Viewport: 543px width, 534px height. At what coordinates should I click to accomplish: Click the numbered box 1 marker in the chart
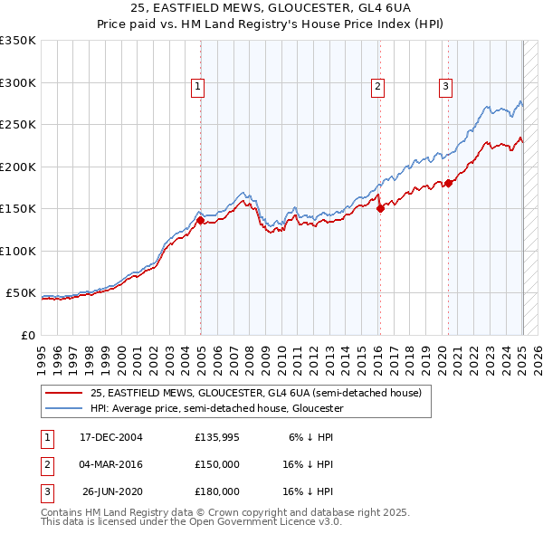197,87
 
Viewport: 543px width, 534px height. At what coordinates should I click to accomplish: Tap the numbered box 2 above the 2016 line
376,87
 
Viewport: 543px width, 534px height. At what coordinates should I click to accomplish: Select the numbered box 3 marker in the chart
446,87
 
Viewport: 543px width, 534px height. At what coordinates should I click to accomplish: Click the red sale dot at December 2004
200,220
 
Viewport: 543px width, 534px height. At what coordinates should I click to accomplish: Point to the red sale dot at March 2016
380,208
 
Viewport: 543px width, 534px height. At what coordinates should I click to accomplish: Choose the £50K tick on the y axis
21,293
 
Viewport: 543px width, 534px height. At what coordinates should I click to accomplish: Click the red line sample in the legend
63,393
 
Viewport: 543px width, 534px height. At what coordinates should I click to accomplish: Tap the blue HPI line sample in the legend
63,408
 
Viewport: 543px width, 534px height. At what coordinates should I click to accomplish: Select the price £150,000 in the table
217,464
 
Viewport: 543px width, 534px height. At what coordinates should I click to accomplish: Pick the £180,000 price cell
217,491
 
